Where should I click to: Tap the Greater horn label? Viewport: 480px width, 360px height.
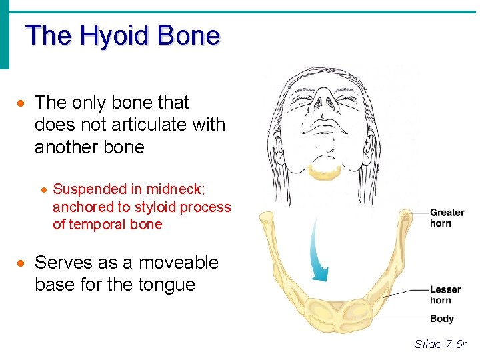[446, 218]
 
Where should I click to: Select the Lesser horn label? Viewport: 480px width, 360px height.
[445, 295]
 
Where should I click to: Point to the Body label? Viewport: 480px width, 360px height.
[441, 319]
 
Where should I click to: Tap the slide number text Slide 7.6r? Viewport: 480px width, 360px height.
[440, 344]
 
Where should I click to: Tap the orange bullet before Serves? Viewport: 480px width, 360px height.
[23, 263]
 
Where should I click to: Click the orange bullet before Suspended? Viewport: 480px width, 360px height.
[43, 190]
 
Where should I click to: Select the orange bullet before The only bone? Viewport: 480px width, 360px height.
[23, 103]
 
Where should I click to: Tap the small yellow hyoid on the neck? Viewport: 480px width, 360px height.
[324, 171]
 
